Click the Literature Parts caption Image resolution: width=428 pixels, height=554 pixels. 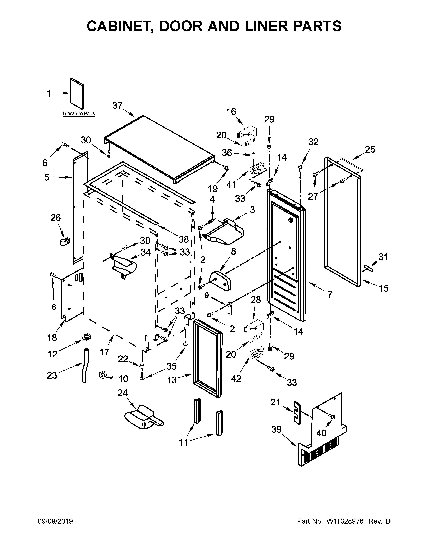(x=79, y=114)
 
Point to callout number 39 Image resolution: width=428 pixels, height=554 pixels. (x=276, y=429)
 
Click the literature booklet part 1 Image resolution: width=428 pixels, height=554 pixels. (x=77, y=94)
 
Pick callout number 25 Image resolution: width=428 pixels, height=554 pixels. (x=370, y=149)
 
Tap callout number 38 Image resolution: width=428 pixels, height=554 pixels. (x=184, y=239)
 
